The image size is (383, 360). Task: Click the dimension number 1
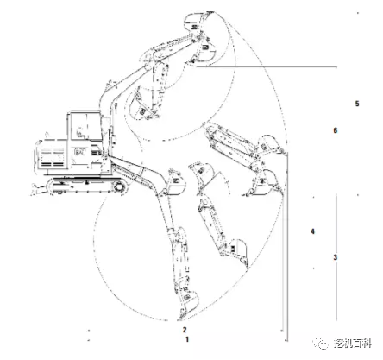click(187, 339)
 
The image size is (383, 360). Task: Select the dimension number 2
click(185, 330)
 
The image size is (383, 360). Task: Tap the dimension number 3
click(336, 257)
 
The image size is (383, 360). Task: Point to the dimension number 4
click(312, 231)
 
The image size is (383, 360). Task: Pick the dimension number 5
click(357, 104)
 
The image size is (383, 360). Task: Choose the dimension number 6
click(336, 130)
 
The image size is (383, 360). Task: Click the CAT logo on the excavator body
click(80, 152)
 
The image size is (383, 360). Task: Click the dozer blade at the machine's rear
click(37, 190)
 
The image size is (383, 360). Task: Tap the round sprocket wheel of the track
click(119, 186)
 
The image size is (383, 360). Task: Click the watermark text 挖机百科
click(353, 344)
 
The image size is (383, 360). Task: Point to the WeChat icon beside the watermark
click(321, 344)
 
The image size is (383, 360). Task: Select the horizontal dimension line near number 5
click(267, 66)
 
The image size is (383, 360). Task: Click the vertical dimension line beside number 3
click(336, 257)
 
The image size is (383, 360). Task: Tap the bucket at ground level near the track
click(174, 184)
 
